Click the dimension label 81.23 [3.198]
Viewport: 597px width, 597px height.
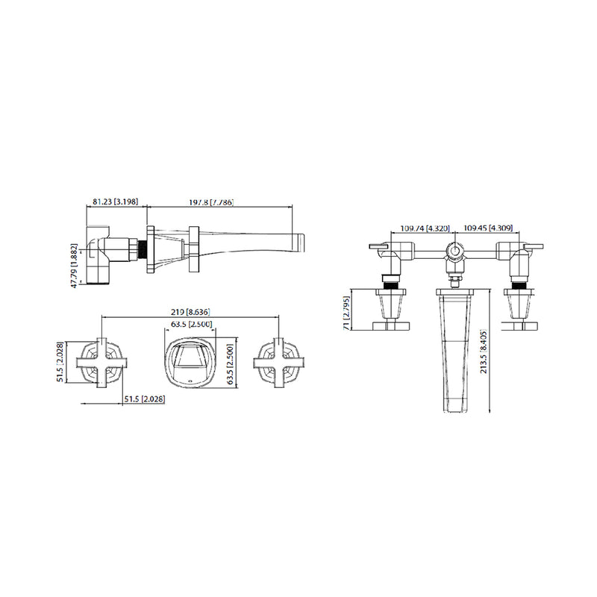click(x=113, y=202)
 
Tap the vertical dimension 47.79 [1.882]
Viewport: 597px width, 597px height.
click(x=74, y=263)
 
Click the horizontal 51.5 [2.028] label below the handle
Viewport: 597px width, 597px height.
click(x=143, y=399)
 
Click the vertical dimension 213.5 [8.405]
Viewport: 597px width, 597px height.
click(x=483, y=351)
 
